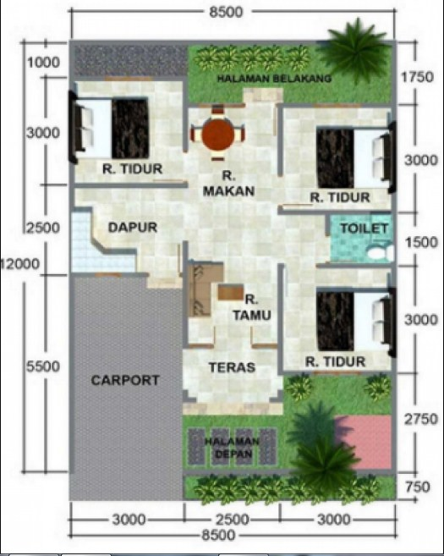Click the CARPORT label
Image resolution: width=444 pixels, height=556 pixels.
pos(124,380)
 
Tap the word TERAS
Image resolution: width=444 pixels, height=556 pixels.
pos(232,367)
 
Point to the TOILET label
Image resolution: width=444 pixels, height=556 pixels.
pos(364,228)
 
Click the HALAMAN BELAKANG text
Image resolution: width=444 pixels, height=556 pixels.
pos(273,78)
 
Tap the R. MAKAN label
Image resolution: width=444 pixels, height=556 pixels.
pos(228,184)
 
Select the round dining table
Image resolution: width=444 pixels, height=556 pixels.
pos(218,134)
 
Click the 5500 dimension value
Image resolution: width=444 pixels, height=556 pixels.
pos(42,366)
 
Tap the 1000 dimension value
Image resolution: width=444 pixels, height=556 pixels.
pos(42,63)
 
